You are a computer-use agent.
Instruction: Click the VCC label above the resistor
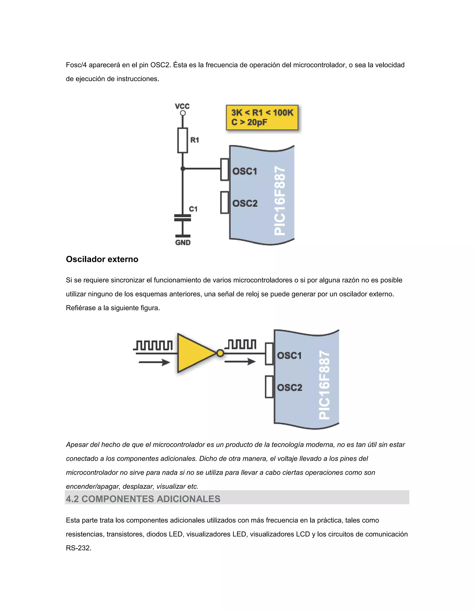coord(182,106)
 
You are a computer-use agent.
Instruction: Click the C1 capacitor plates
coord(183,218)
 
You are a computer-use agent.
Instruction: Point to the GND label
coord(183,242)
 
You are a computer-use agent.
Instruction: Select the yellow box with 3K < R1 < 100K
coord(262,117)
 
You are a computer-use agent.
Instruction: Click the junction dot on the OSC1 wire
coord(183,168)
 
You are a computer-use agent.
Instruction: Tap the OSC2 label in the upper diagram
coord(245,203)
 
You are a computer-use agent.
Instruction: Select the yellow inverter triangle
coord(194,353)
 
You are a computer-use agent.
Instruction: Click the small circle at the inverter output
coord(220,353)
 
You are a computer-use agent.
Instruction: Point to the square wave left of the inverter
coord(153,345)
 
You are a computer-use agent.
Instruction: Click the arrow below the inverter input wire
coord(154,362)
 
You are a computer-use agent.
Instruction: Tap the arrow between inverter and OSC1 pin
coord(240,362)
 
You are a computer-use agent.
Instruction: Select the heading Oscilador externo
coord(102,259)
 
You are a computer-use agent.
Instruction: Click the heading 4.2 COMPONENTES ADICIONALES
coord(143,499)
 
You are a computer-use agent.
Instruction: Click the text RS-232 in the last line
coord(78,548)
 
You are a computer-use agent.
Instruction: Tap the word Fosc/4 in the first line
coord(76,65)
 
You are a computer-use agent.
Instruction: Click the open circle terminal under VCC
coord(183,113)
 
